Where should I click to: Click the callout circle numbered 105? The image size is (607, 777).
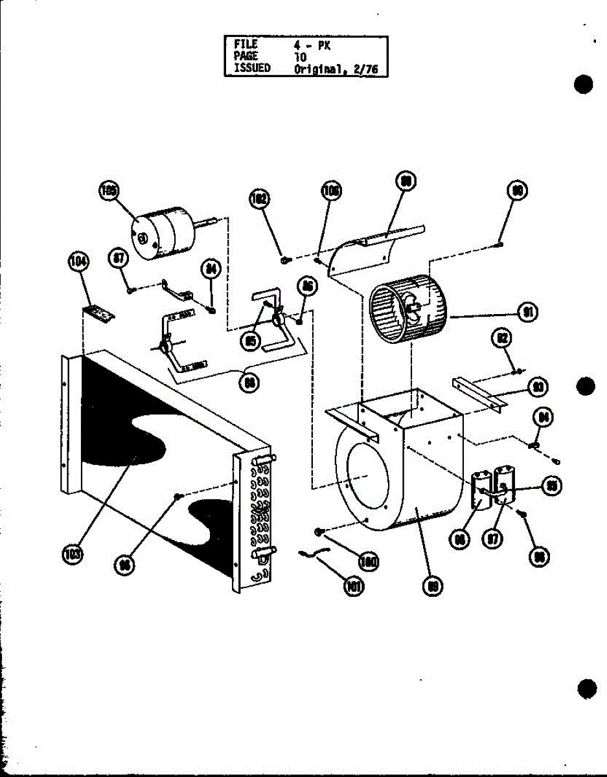click(x=109, y=190)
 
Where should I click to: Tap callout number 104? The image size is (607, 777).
click(x=78, y=263)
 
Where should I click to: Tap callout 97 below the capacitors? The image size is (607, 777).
click(x=494, y=539)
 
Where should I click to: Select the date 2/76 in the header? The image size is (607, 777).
click(x=366, y=69)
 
